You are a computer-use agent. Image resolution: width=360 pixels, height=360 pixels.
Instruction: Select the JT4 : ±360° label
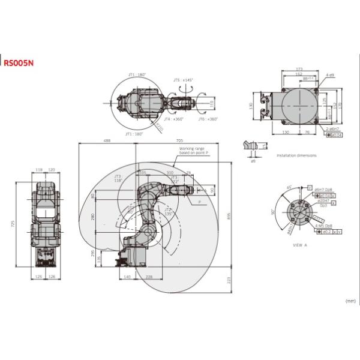click(x=174, y=119)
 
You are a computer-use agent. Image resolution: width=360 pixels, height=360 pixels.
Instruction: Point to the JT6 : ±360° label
click(x=209, y=119)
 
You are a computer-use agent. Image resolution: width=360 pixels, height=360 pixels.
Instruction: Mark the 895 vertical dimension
click(x=229, y=217)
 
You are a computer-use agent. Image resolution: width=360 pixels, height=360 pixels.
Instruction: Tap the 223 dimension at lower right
click(x=229, y=280)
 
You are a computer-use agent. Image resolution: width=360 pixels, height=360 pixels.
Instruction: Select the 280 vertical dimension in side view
click(x=94, y=217)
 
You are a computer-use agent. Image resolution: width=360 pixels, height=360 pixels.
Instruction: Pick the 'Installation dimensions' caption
click(x=296, y=155)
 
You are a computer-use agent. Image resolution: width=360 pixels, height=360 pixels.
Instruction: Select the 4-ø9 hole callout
click(x=331, y=75)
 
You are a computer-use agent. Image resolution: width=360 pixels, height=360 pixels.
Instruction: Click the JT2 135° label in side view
click(x=169, y=211)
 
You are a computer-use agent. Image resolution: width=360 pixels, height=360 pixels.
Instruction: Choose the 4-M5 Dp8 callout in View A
click(x=324, y=225)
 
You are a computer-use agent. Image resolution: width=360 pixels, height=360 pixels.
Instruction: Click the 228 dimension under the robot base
click(x=149, y=277)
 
